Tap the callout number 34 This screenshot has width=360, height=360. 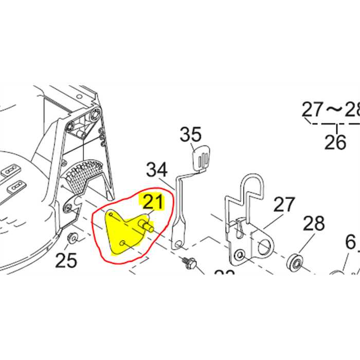tap(157, 169)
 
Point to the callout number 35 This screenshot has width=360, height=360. tap(191, 136)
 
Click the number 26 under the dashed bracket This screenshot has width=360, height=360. tap(335, 141)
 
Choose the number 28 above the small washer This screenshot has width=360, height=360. tap(314, 224)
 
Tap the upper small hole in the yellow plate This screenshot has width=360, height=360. tap(111, 214)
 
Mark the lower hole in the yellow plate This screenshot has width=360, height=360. tap(121, 243)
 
